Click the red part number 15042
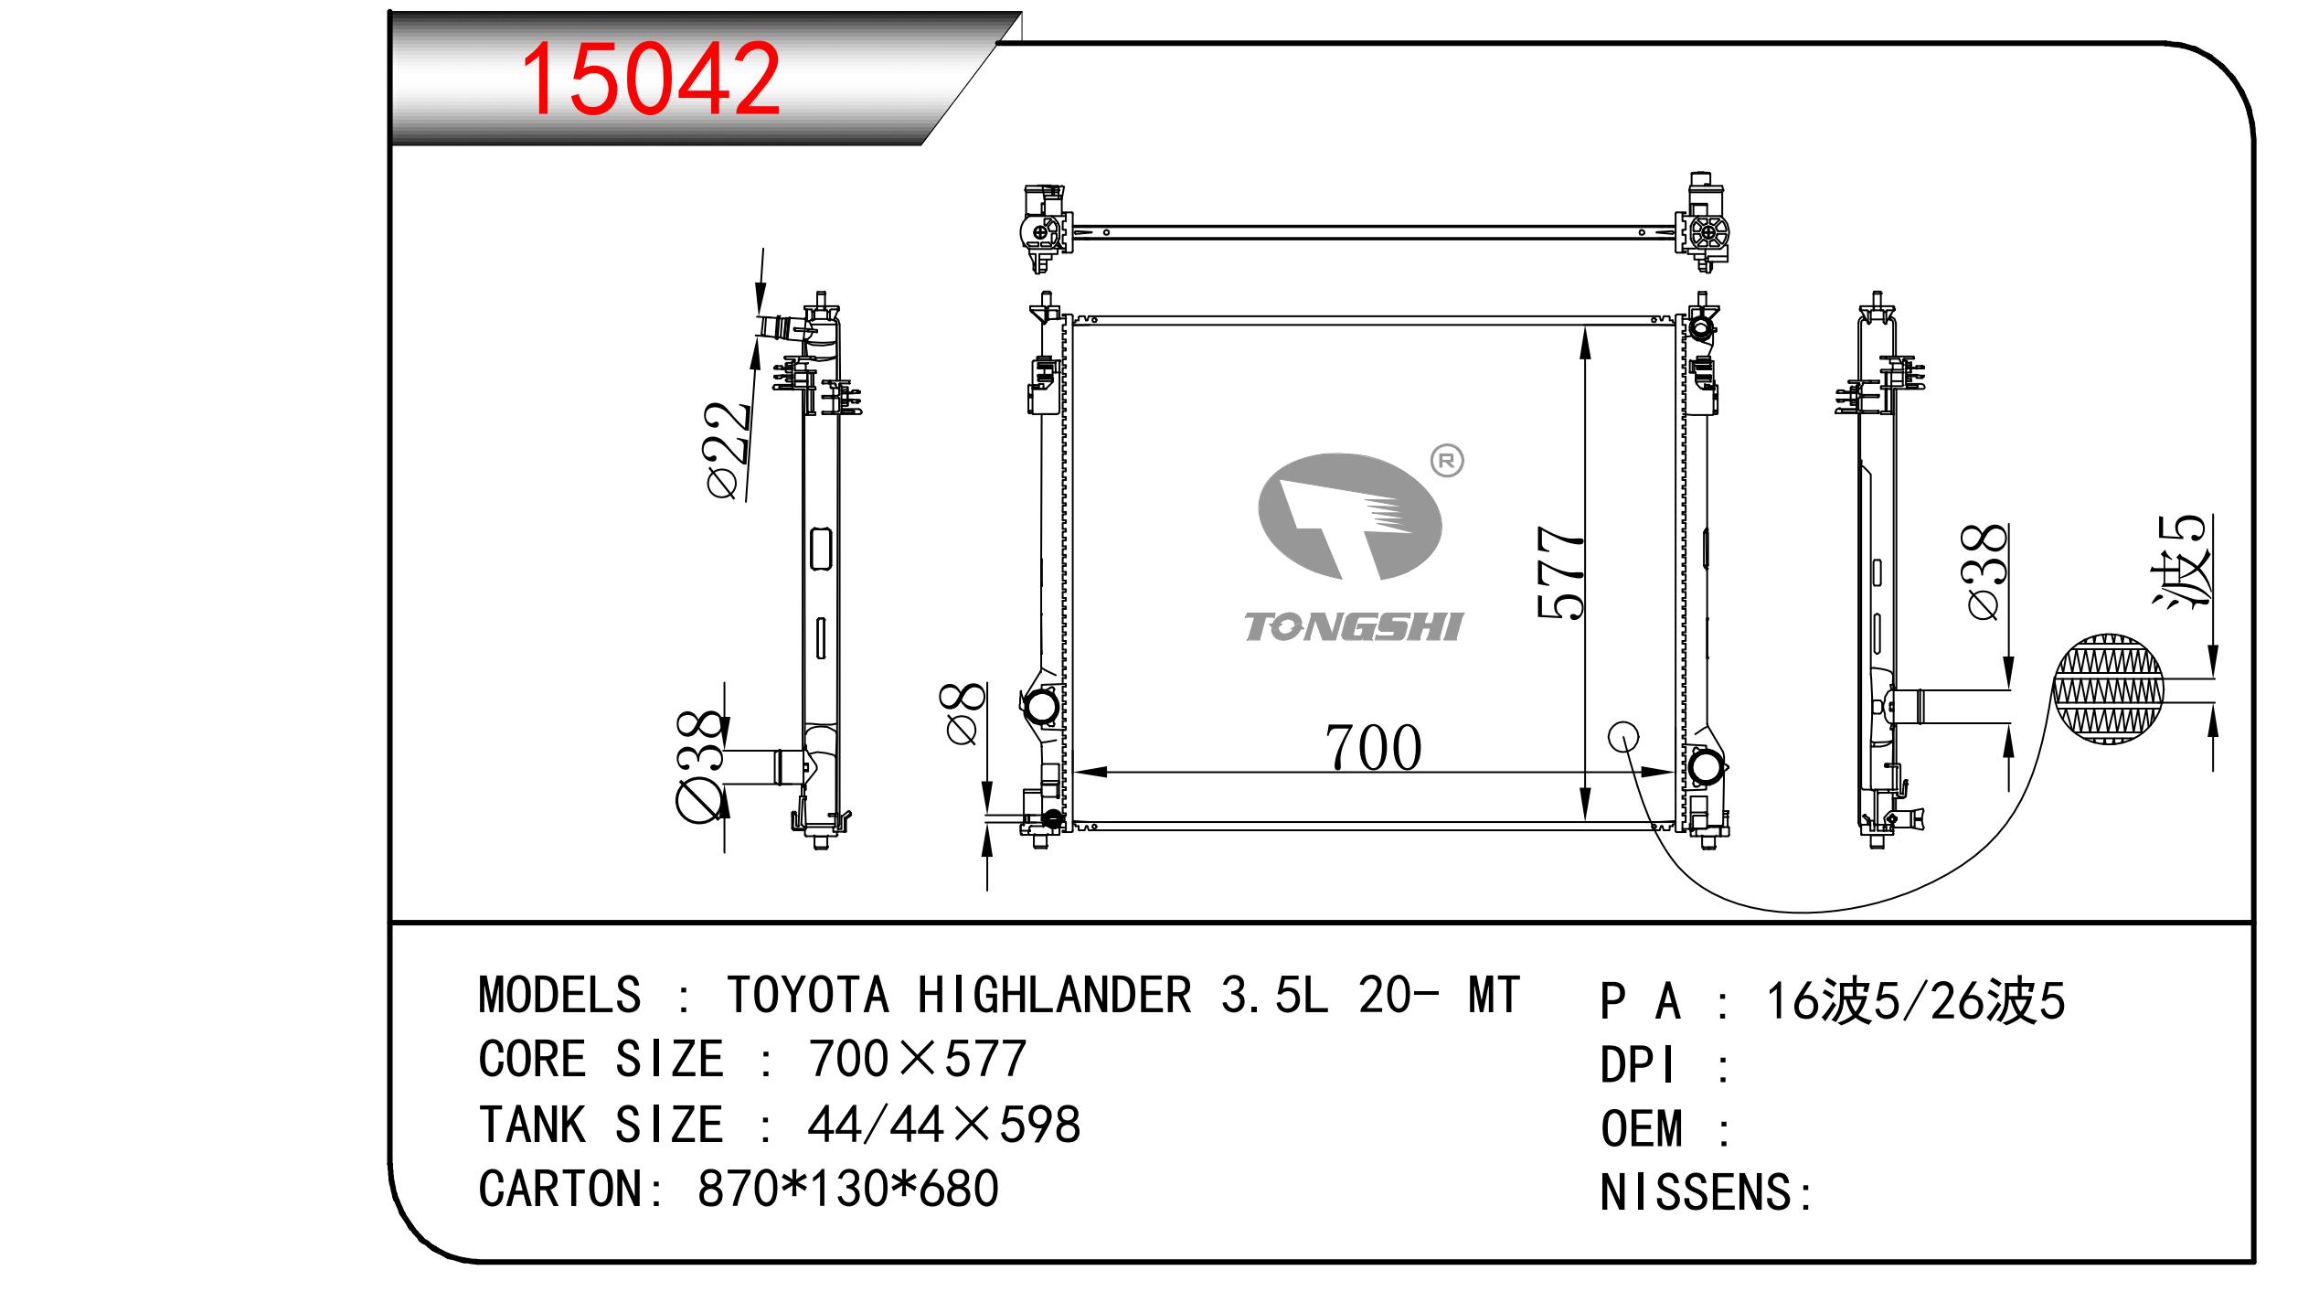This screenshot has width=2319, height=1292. [x=650, y=80]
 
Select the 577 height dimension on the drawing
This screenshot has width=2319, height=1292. [x=1560, y=572]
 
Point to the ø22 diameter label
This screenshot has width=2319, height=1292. [x=729, y=450]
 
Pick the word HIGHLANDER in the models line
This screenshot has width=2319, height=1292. [x=1054, y=996]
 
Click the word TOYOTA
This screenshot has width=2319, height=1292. [x=807, y=996]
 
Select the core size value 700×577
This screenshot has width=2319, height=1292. [x=917, y=1060]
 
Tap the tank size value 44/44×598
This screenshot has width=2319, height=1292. [x=943, y=1125]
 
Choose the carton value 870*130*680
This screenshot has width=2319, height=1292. [x=847, y=1190]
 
